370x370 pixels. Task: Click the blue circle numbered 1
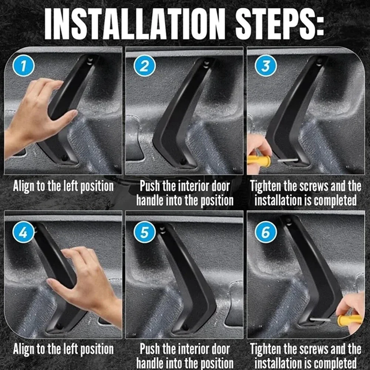click(23, 65)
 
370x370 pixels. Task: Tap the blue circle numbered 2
click(144, 65)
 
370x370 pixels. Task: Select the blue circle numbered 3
click(266, 65)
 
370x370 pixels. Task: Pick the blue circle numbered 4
click(23, 232)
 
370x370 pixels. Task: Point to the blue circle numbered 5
click(144, 232)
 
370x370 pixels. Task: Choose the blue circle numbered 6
click(266, 232)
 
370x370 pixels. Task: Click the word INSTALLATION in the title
click(135, 24)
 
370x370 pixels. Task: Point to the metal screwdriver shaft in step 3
click(287, 160)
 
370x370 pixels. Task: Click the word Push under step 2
click(150, 186)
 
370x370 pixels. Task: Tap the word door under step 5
click(221, 349)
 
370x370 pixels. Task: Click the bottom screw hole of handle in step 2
click(184, 162)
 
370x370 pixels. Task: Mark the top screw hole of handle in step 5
click(162, 230)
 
